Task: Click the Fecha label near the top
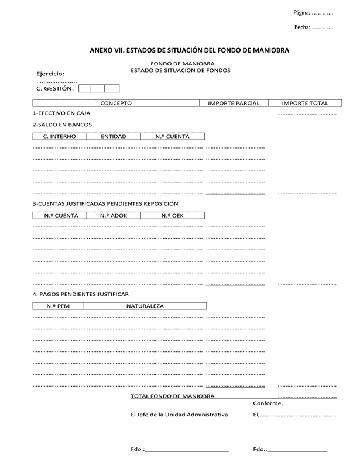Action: click(x=302, y=27)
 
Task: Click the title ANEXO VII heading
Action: click(x=189, y=51)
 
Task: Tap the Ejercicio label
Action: click(x=50, y=74)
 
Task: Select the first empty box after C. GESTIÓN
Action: click(x=84, y=89)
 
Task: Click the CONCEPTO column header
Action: click(x=116, y=103)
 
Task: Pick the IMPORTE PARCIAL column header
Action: click(x=234, y=103)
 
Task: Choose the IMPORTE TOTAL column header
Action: click(x=305, y=103)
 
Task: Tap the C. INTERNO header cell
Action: click(x=59, y=136)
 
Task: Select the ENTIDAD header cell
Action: click(x=114, y=136)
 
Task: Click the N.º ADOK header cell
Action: click(x=114, y=215)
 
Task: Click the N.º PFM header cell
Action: click(x=59, y=306)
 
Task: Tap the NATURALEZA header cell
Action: click(x=145, y=306)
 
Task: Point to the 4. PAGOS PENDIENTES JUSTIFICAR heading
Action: click(x=80, y=294)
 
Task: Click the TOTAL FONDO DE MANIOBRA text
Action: click(x=172, y=396)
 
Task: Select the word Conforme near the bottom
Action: click(x=268, y=403)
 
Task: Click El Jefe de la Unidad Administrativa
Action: click(x=179, y=415)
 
